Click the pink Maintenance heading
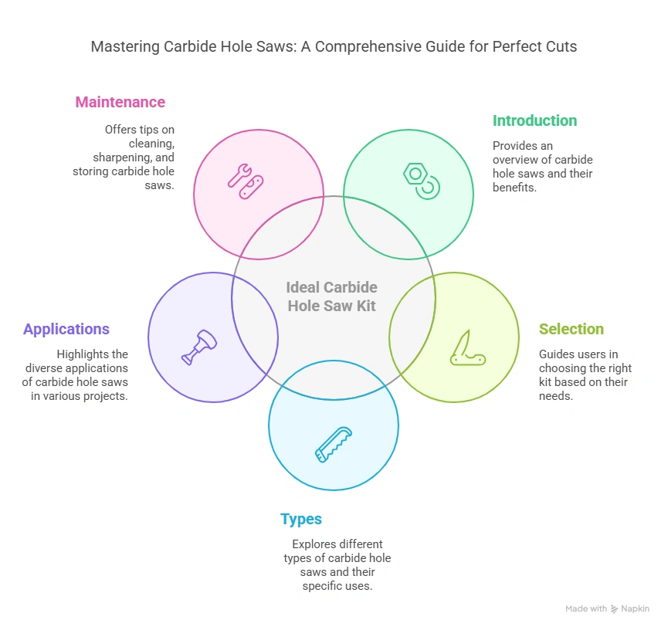tap(120, 102)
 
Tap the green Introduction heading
tap(534, 120)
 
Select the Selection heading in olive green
tap(571, 329)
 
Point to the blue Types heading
tap(301, 519)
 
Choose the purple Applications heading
tap(66, 329)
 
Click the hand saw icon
tap(334, 444)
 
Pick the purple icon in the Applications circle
tap(199, 347)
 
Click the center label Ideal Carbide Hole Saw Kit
tap(332, 296)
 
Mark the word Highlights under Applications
tap(81, 354)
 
